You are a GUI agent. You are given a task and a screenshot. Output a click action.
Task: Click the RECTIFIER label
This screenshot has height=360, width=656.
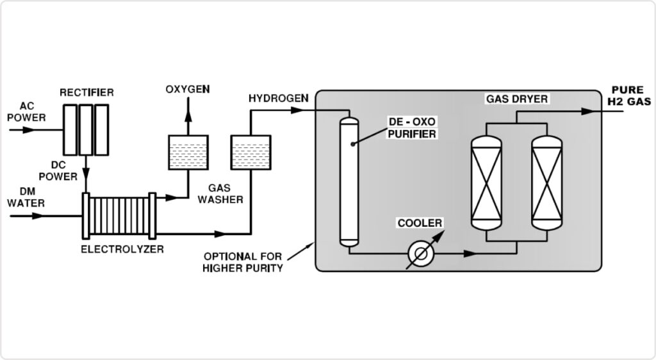point(86,92)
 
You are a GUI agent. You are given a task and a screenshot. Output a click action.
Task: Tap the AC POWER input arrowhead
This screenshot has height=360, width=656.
point(28,130)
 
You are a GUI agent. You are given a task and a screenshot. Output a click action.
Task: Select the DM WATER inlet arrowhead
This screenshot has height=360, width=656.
point(38,216)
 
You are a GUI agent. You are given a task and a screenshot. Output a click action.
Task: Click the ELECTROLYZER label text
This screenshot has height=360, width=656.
point(122,249)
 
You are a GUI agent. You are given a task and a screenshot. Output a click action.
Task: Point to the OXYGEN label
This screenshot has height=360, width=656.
point(188,90)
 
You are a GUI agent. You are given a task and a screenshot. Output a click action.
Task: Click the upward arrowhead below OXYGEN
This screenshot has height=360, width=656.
point(188,116)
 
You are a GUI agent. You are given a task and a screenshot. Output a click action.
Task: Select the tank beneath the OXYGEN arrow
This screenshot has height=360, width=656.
point(188,152)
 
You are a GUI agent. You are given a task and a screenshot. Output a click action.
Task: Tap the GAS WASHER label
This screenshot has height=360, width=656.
point(220,194)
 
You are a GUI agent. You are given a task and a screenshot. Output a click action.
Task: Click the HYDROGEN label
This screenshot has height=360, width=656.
point(279,98)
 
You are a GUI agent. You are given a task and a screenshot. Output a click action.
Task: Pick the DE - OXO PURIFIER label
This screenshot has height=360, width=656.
point(412,128)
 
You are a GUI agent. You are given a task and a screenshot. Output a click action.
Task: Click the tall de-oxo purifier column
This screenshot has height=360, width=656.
point(349,183)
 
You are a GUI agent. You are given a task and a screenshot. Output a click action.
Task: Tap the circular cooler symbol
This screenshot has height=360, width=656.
point(421,254)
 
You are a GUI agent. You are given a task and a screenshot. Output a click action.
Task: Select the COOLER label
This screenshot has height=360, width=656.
point(420,224)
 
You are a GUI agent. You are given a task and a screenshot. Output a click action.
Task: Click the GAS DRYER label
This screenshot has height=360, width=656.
point(517,99)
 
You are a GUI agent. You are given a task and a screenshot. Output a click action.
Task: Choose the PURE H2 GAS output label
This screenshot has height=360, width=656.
point(629,95)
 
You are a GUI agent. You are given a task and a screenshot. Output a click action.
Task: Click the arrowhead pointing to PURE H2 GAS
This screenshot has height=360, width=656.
point(588,111)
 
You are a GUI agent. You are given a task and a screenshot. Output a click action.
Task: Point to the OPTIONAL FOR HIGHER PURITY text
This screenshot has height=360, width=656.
point(243,262)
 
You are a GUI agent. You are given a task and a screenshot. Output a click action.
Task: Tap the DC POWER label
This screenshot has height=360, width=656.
point(58,171)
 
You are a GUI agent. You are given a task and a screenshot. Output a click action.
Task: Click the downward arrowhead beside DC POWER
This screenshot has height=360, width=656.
point(86,173)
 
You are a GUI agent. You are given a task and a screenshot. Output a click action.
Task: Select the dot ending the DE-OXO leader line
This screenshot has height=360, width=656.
point(353,144)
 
